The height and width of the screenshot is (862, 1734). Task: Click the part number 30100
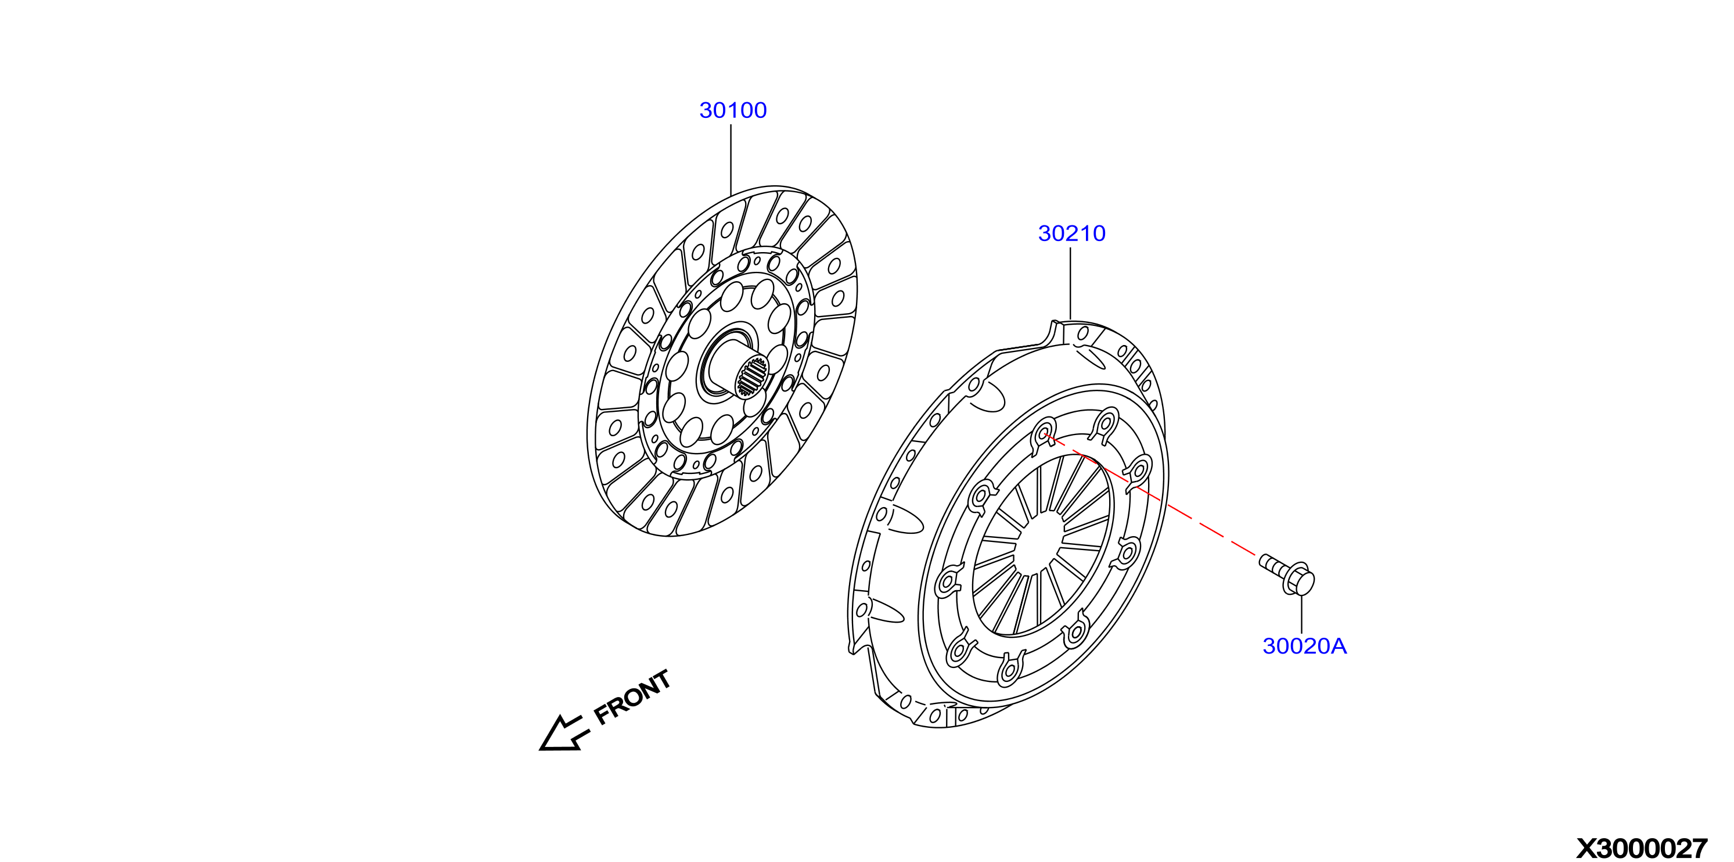tap(733, 110)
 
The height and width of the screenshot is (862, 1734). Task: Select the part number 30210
tap(1071, 233)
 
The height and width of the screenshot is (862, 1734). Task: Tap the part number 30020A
tap(1304, 646)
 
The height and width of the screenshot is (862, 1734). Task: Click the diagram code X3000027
tap(1642, 848)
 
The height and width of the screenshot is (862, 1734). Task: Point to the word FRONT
tap(632, 697)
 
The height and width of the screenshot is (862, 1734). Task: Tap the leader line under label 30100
tap(731, 160)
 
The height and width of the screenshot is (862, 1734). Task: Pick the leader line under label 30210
tap(1070, 283)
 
